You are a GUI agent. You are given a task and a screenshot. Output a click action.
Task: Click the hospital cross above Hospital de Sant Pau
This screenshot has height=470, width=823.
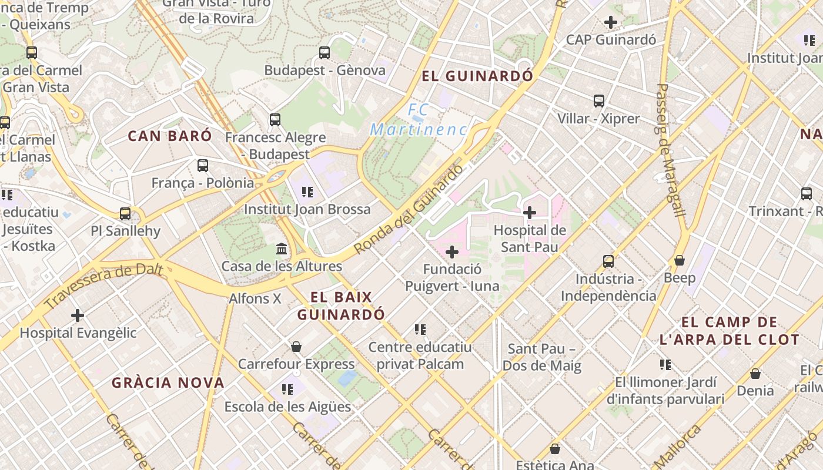[530, 213]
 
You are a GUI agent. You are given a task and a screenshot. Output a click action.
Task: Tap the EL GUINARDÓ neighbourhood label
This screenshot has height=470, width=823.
[477, 76]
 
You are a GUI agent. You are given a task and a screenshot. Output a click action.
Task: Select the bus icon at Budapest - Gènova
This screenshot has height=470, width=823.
[324, 53]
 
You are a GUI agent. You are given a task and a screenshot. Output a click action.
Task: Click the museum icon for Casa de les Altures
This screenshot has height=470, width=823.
[282, 249]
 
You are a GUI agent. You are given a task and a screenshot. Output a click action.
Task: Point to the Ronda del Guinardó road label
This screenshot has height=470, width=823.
[409, 209]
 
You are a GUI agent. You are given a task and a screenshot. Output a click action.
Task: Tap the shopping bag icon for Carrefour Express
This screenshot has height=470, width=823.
[296, 347]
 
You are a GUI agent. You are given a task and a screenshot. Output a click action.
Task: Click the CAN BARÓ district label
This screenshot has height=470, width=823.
[170, 136]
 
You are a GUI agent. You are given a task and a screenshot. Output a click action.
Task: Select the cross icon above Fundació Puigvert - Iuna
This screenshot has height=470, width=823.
[451, 253]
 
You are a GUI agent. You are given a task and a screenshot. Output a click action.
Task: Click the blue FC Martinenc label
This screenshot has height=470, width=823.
[419, 120]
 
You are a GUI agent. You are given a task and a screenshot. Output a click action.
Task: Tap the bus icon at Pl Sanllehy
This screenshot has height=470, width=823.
[125, 213]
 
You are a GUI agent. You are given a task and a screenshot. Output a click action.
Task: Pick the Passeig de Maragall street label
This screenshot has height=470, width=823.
[671, 150]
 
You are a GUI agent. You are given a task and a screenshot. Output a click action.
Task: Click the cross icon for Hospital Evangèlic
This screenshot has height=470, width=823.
[78, 315]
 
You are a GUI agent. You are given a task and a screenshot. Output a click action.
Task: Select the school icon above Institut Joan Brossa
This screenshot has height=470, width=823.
[306, 192]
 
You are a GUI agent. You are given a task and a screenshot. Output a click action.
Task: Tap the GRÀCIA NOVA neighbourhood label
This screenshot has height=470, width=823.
[168, 383]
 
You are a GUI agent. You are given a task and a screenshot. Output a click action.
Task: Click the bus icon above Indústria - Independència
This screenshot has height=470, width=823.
[608, 261]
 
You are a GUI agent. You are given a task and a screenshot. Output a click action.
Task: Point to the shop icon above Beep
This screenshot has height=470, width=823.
[680, 260]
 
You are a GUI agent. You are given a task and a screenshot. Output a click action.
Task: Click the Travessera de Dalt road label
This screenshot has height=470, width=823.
[103, 286]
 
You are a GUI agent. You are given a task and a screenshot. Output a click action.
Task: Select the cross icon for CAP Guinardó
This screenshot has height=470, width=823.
[611, 22]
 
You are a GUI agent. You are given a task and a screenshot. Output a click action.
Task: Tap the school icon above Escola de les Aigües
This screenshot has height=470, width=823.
[287, 389]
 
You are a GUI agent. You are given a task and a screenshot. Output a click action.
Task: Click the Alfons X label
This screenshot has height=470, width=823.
[255, 298]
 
